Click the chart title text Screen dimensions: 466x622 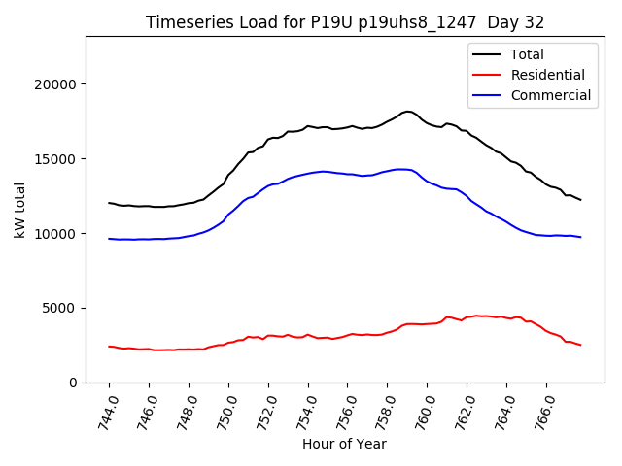click(344, 22)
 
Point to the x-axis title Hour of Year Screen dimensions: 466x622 click(344, 444)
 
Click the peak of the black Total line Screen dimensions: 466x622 click(408, 112)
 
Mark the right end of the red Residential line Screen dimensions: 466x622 click(580, 345)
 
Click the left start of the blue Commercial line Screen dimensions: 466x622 click(109, 238)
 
